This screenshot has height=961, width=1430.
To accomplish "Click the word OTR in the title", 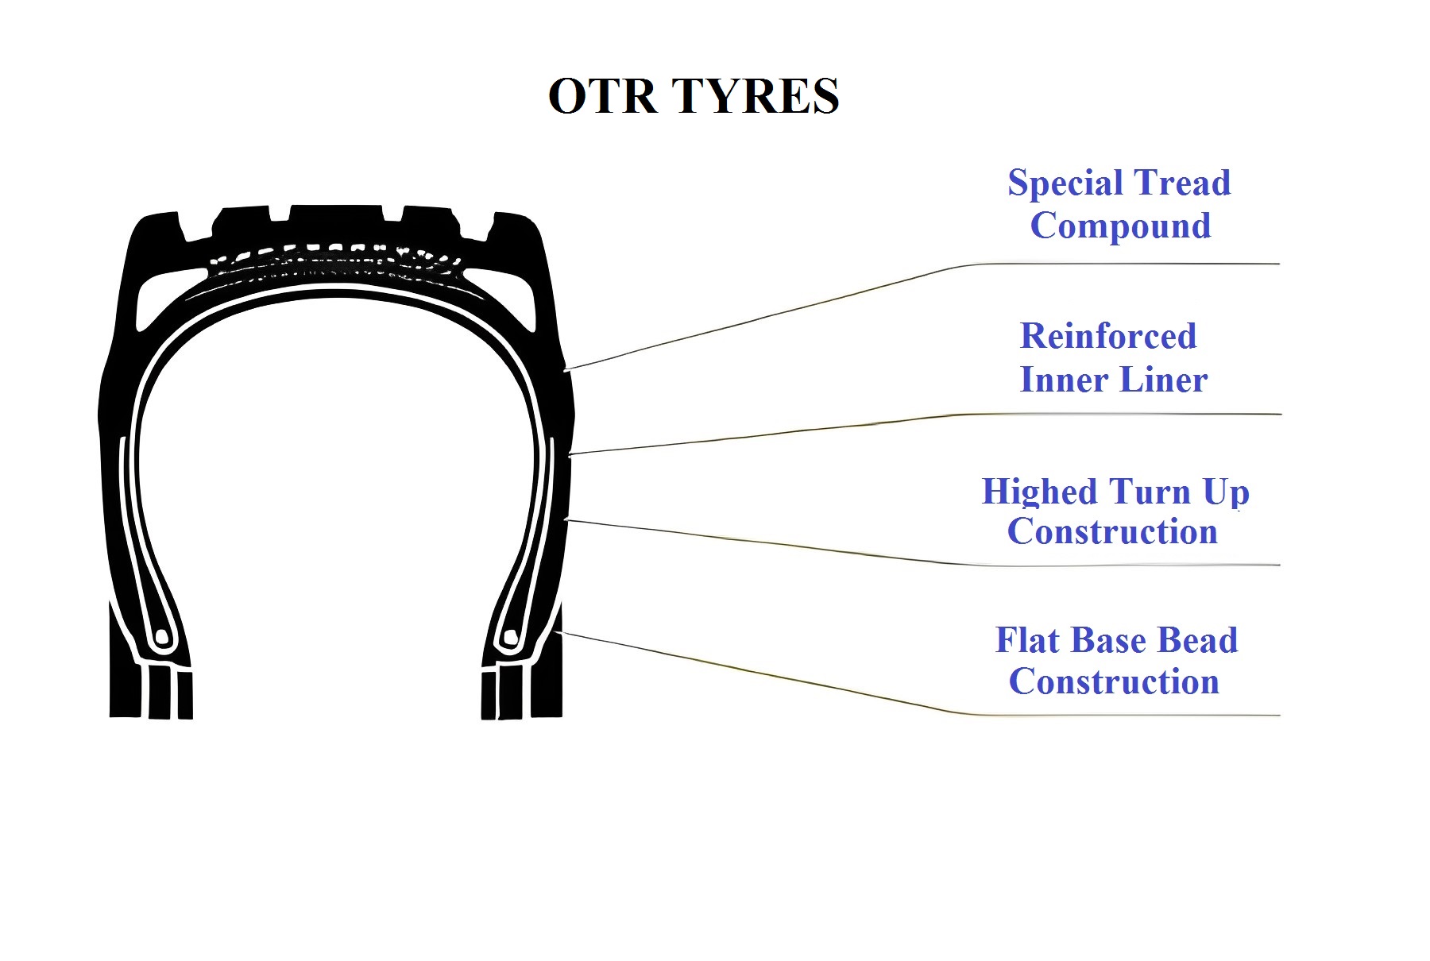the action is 603,96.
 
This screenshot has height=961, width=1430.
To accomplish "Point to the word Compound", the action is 1121,226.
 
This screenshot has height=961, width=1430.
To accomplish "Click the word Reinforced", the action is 1108,336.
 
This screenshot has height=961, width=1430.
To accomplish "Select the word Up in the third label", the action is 1226,493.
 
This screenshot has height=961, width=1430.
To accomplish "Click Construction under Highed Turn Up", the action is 1112,531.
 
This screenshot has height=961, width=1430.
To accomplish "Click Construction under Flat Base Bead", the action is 1114,681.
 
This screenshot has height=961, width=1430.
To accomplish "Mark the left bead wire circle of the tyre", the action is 161,637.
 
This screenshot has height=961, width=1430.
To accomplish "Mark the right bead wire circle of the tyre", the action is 512,637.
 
